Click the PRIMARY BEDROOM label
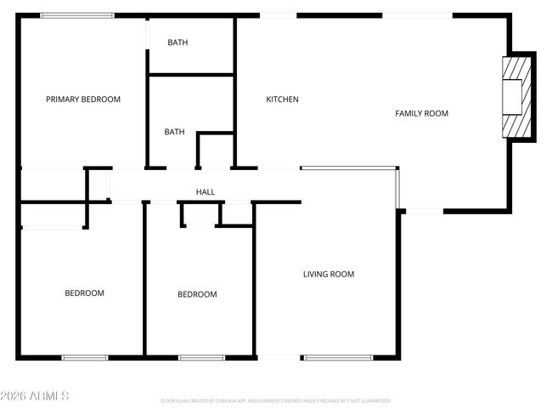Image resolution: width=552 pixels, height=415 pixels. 83,99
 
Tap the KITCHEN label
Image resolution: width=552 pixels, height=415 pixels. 283,99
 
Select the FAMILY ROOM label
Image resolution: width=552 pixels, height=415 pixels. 421,113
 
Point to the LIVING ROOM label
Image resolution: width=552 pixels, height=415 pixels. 329,274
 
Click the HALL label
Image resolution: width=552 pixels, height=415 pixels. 206,192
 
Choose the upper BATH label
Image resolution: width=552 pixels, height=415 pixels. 177,43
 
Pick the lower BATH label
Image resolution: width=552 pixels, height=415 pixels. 174,132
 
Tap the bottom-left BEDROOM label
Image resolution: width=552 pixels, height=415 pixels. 85,293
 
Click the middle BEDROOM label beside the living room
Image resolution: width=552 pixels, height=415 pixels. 197,294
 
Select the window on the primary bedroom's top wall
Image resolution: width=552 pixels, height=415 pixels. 77,15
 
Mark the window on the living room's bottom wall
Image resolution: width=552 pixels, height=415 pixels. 338,357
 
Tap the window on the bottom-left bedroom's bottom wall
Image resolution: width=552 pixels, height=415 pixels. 85,357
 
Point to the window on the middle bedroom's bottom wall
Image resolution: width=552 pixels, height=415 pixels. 201,357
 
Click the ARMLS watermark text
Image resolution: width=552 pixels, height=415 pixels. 35,396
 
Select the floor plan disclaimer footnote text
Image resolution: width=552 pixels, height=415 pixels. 275,401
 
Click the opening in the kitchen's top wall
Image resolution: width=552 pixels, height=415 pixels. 278,15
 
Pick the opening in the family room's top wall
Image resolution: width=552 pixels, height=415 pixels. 417,15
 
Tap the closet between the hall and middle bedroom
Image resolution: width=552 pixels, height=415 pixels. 200,214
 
